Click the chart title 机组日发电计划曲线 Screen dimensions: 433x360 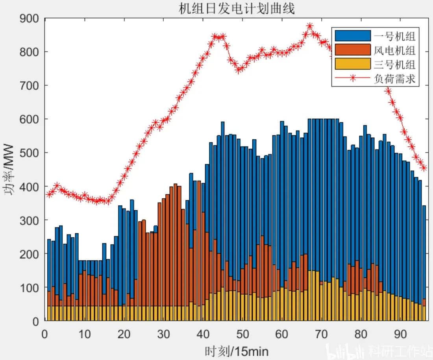click(237, 9)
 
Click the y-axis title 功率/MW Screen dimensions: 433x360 click(9, 169)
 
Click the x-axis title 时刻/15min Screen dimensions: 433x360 click(237, 352)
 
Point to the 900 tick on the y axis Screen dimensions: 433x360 click(29, 18)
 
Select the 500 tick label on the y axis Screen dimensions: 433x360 click(29, 153)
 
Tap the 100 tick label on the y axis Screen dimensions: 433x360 click(29, 288)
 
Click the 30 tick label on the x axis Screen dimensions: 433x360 click(163, 334)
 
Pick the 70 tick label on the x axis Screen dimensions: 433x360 click(321, 334)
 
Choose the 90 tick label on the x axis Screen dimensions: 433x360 click(400, 334)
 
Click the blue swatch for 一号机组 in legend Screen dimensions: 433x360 click(353, 36)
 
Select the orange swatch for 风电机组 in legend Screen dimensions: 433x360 click(353, 50)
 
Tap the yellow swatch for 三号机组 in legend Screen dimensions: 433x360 click(353, 64)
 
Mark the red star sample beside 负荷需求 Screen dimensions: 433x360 click(353, 78)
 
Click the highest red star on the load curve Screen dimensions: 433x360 click(309, 26)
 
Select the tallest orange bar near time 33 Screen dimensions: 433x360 click(175, 245)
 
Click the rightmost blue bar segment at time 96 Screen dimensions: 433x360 click(424, 252)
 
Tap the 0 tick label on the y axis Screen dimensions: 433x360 click(36, 321)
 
